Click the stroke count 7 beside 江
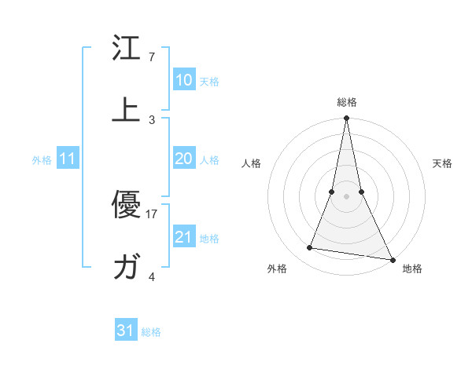(152, 57)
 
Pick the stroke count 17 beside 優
(152, 213)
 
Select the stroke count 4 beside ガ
(152, 276)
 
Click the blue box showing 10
(183, 80)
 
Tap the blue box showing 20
(183, 159)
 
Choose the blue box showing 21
(183, 236)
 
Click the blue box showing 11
(68, 159)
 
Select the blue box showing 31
(125, 331)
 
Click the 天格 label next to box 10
(209, 82)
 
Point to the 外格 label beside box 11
(42, 160)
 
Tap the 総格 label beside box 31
(151, 332)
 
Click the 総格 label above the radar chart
(346, 102)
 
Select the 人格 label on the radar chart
(252, 163)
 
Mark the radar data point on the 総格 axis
(346, 119)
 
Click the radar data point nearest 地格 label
(392, 259)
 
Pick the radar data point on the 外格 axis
(310, 248)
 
